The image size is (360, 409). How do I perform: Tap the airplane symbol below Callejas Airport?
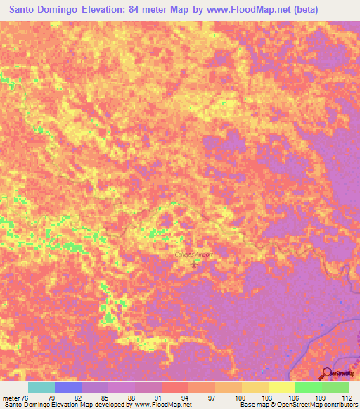point(195,263)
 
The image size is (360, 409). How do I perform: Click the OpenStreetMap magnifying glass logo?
point(326,373)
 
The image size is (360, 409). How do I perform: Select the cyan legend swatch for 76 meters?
point(41,387)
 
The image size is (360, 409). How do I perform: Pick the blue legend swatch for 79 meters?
point(68,387)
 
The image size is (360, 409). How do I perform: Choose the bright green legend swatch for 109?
point(308,387)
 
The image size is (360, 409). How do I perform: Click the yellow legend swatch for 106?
point(281,387)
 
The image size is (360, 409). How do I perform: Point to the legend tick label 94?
point(184,397)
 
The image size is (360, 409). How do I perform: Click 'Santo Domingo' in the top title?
point(44,10)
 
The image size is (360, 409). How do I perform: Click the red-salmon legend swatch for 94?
point(174,387)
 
